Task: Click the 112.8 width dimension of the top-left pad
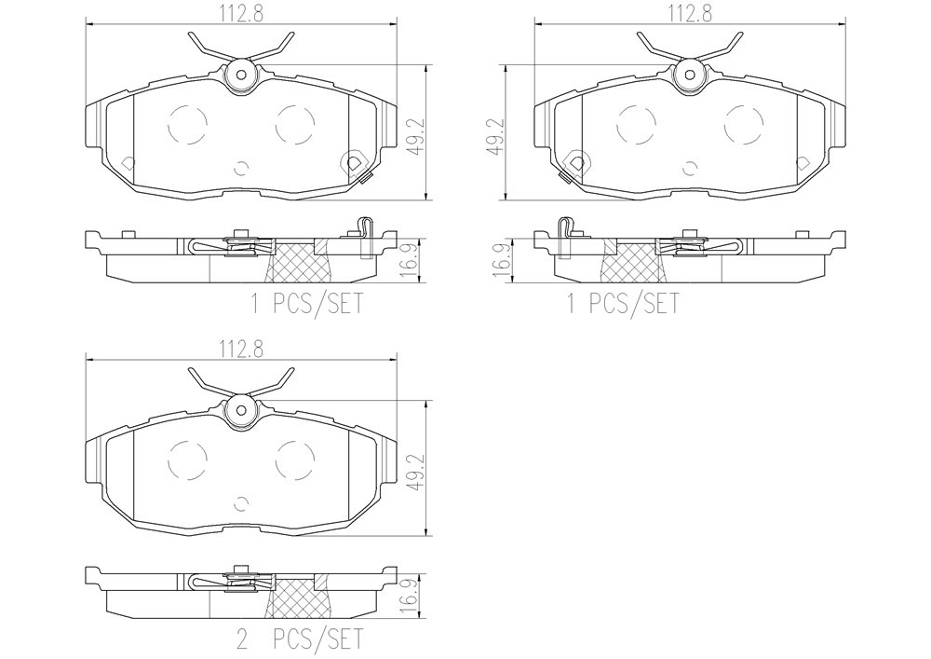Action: click(x=242, y=14)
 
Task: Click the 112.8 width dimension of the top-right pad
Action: click(x=690, y=14)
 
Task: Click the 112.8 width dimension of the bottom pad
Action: click(x=242, y=349)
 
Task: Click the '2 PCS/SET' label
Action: click(x=299, y=639)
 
